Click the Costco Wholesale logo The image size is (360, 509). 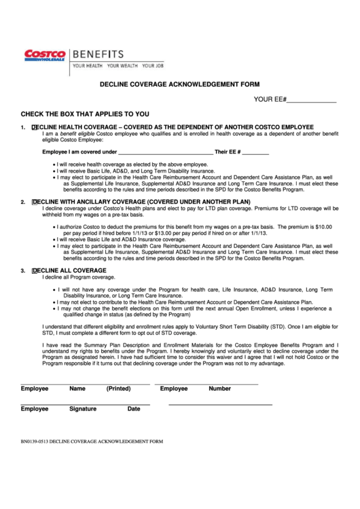click(44, 55)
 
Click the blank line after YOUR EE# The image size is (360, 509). click(312, 100)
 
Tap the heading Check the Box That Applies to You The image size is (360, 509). click(85, 114)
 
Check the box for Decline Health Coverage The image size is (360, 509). click(34, 127)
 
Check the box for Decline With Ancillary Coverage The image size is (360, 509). click(34, 202)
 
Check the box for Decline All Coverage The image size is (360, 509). click(34, 270)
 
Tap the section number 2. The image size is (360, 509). click(23, 202)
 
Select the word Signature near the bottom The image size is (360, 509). click(83, 409)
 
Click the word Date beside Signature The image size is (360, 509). click(134, 409)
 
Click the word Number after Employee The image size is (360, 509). click(219, 389)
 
